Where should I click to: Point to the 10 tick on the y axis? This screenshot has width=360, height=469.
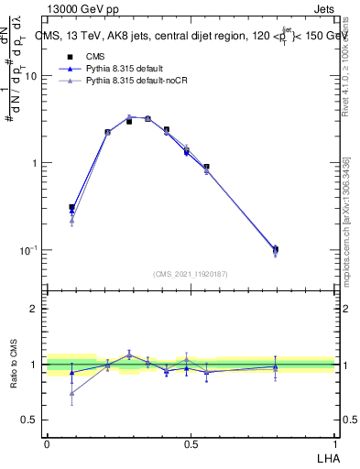30,76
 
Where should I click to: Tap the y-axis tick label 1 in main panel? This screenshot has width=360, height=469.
35,163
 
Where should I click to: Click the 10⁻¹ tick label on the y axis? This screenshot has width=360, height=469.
28,249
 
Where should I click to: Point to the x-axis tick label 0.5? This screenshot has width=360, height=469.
191,444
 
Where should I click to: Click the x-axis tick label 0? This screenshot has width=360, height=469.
47,444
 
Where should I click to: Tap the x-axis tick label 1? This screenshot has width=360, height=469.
334,444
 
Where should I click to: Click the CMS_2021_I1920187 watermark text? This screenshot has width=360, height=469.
191,274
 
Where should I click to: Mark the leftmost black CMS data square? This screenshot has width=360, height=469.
71,208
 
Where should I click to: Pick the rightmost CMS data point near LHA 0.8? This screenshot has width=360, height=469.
276,248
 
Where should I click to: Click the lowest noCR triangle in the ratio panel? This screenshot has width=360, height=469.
71,393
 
